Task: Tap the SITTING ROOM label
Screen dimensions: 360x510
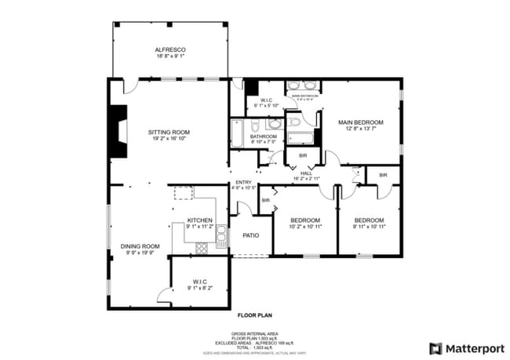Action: pos(169,133)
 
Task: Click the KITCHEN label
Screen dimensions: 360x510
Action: pos(200,220)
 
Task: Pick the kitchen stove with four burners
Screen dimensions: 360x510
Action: pos(200,248)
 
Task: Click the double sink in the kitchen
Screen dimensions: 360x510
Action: pos(221,235)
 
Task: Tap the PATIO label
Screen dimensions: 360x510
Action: pos(250,235)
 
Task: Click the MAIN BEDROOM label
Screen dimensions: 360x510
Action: pos(360,122)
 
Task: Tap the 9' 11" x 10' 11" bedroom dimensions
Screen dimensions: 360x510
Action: pos(369,227)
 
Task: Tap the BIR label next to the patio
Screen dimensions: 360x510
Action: pos(266,201)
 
